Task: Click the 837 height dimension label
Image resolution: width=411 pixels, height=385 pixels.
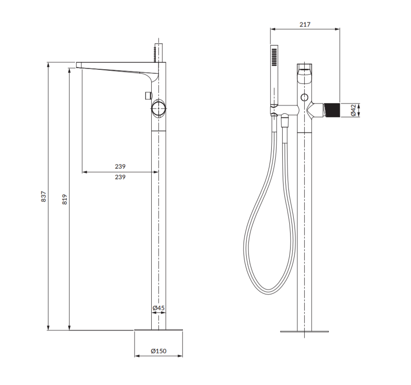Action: coord(44,196)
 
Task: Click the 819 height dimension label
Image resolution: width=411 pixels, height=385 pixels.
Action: coord(65,199)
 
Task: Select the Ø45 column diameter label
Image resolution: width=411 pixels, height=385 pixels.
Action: coord(159,308)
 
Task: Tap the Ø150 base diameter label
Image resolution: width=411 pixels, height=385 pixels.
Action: coord(159,351)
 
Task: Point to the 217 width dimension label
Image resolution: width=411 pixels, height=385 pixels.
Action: coord(305,24)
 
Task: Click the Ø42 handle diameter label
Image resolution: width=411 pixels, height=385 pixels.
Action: coord(353,110)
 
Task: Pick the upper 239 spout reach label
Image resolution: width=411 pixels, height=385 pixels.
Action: coord(120,167)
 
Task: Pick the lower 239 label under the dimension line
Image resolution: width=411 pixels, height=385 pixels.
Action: coord(120,177)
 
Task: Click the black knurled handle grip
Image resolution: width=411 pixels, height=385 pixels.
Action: coord(332,110)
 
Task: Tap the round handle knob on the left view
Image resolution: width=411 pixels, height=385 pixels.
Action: coord(159,109)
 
